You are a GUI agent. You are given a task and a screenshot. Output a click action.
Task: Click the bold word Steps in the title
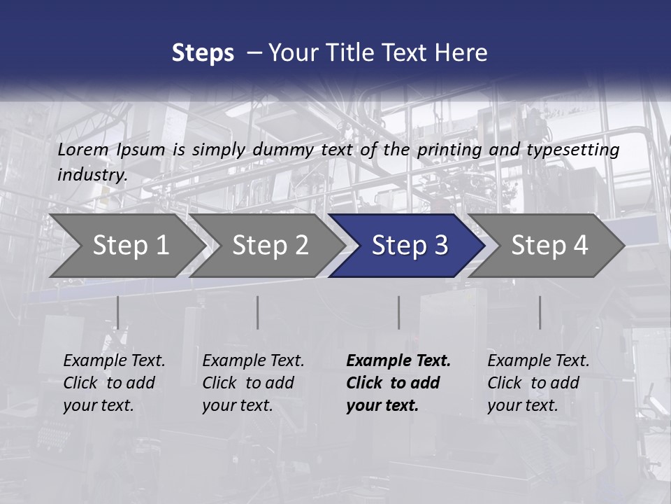click(203, 53)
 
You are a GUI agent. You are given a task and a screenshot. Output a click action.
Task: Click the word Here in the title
click(461, 53)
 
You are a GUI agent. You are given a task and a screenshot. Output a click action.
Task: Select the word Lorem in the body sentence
click(83, 150)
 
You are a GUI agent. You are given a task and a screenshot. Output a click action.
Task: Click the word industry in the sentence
click(92, 175)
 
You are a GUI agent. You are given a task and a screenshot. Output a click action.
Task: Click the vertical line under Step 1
click(117, 312)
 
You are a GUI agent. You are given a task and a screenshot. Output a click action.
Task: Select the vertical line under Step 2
click(257, 312)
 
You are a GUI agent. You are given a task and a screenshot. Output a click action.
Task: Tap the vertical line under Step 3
click(398, 312)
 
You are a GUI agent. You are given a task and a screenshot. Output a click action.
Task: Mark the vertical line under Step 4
click(540, 312)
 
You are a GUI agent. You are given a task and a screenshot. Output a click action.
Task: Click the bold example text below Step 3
click(398, 383)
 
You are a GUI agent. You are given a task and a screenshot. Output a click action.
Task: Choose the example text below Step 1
click(114, 383)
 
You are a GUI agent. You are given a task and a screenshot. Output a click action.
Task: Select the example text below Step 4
click(538, 383)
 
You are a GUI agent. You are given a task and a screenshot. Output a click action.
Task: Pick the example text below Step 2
click(253, 383)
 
